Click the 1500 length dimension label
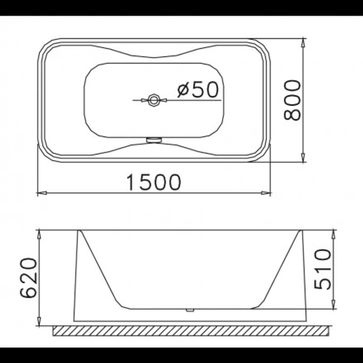[154, 182]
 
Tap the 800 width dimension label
[292, 100]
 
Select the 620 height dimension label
[29, 278]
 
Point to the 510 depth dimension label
[323, 269]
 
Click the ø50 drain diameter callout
[198, 89]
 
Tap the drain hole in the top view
[153, 100]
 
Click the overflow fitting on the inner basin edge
[154, 140]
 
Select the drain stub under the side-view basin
[190, 310]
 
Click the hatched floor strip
[191, 331]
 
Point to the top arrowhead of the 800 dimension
[303, 43]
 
